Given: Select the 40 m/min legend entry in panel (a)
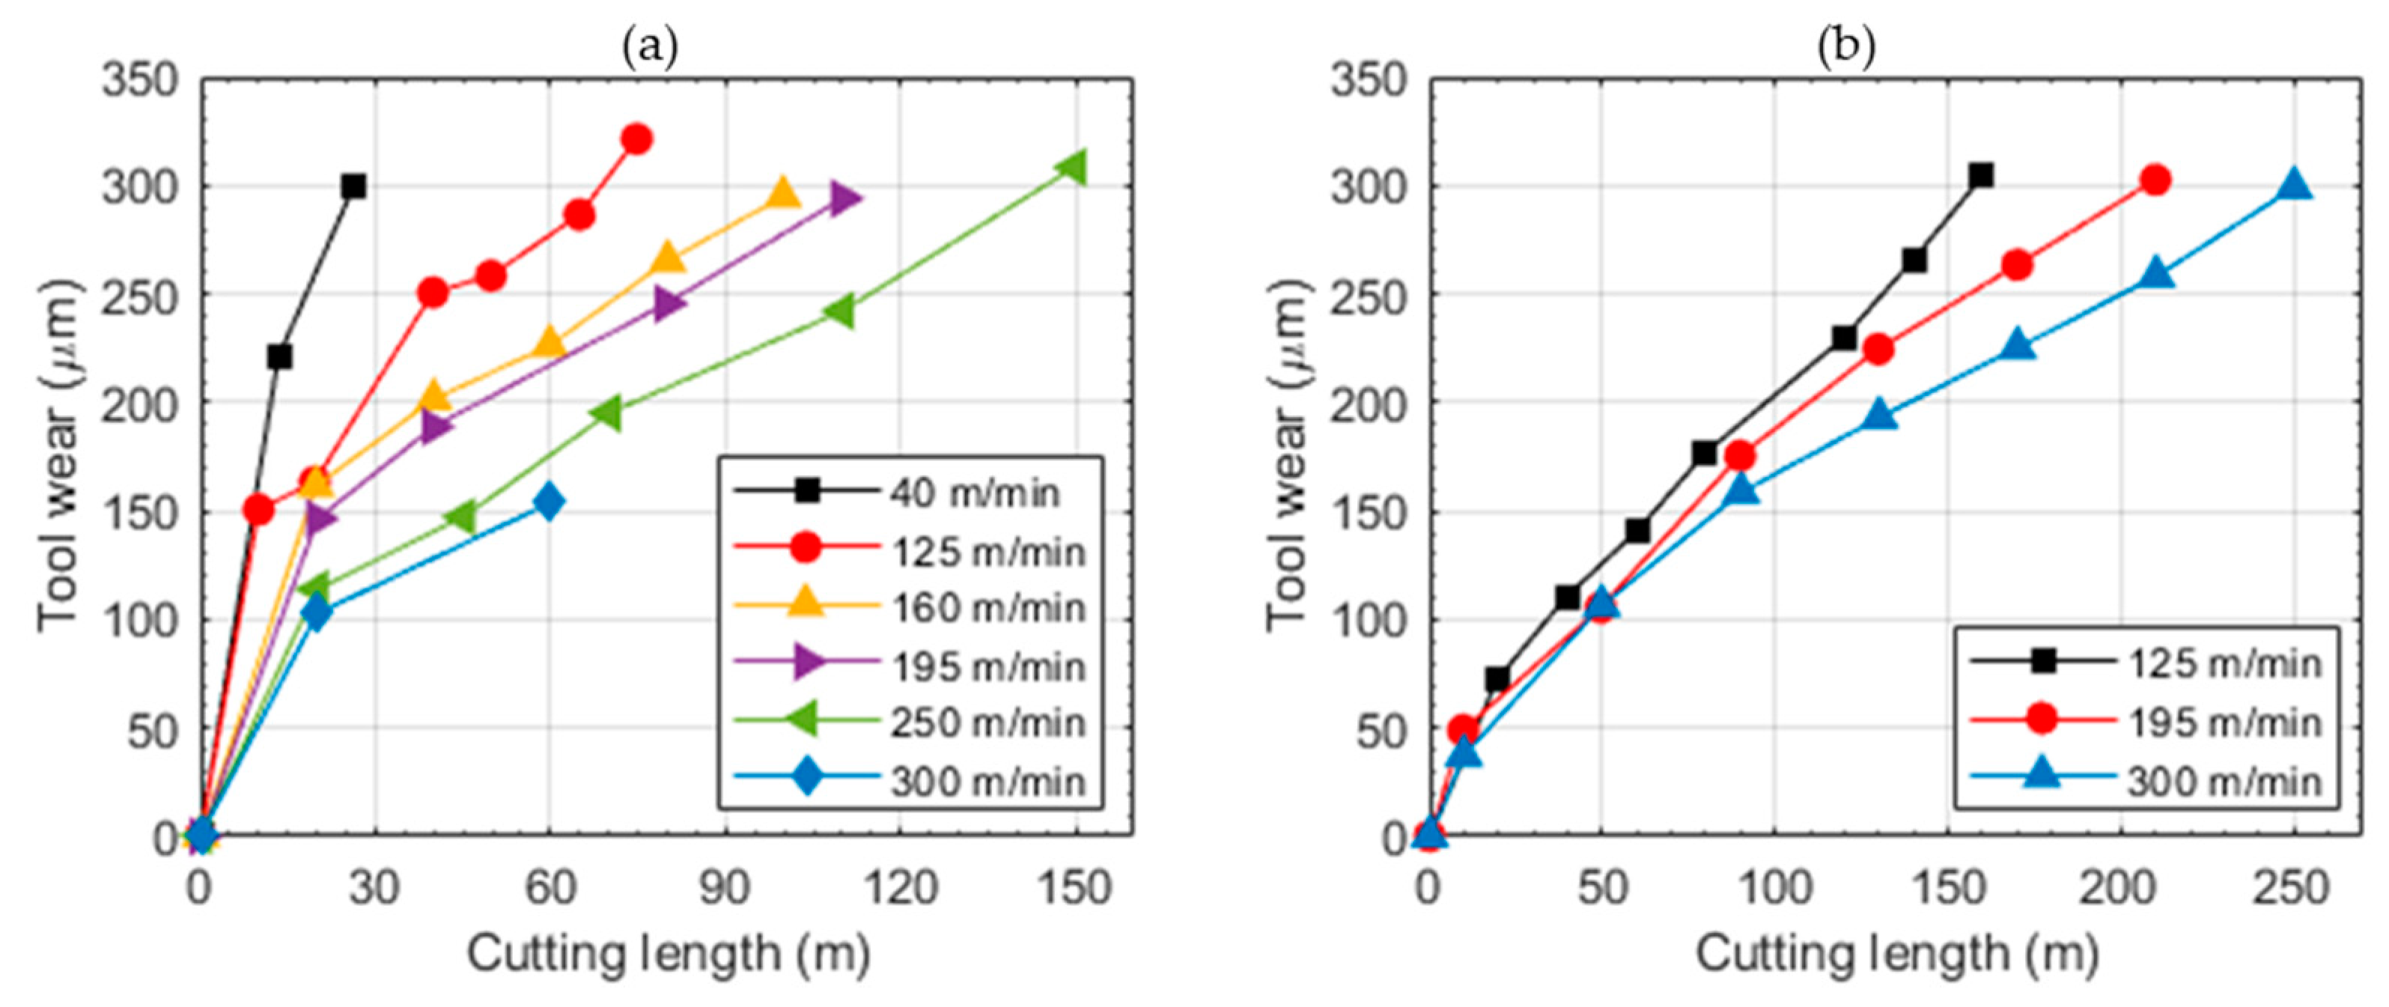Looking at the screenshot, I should (x=974, y=493).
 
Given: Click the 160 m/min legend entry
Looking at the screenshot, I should (x=987, y=608).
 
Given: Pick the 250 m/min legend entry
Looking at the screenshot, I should (x=987, y=723).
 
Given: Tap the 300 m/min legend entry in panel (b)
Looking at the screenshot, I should (x=2222, y=781).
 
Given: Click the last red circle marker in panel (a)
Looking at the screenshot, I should (x=636, y=139).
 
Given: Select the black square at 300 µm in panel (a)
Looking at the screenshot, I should (x=353, y=186).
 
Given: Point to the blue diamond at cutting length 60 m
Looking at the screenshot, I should (x=549, y=502).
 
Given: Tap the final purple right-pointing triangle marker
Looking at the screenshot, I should (x=844, y=198).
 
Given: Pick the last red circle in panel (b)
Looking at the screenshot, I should (x=2155, y=180).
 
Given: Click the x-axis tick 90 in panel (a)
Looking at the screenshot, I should (x=725, y=887).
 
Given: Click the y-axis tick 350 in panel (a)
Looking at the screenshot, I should (x=139, y=81).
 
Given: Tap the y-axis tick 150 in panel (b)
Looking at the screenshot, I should (x=1368, y=513).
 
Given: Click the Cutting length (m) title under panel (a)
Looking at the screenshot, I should (x=668, y=954).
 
